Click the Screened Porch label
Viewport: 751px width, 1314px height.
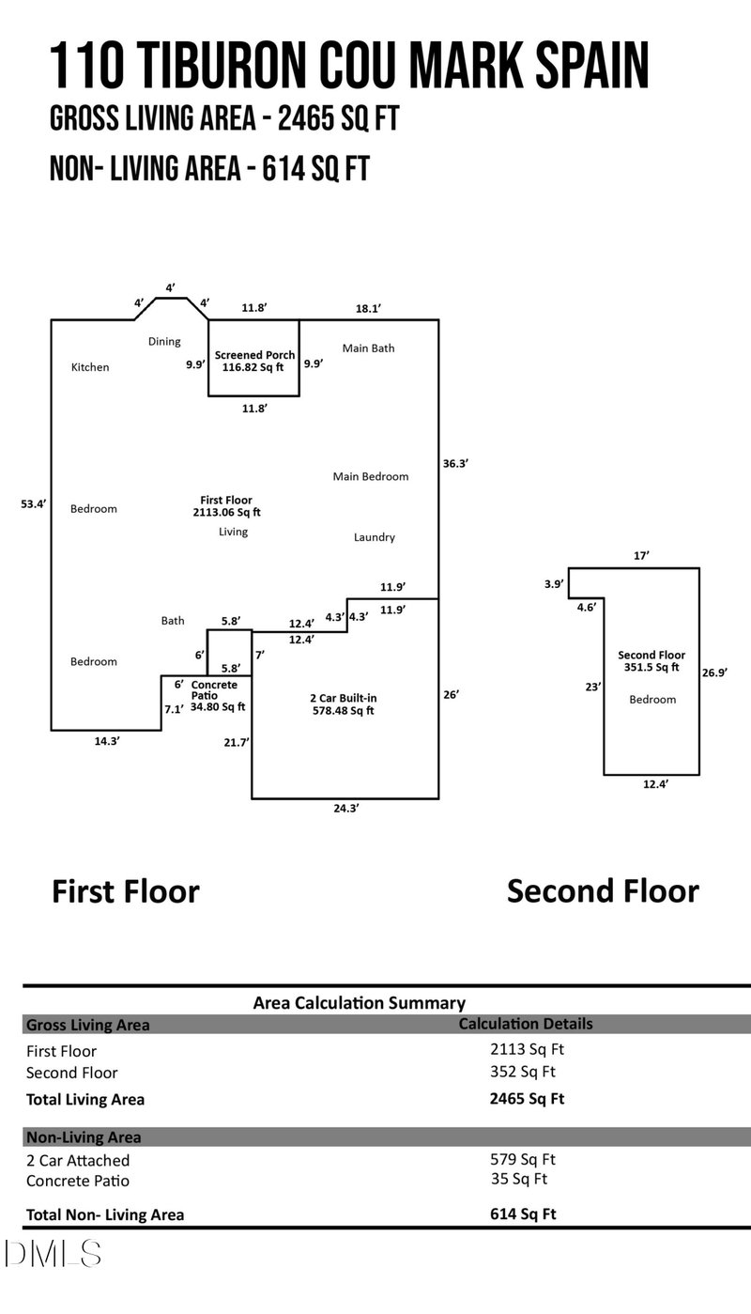coord(254,355)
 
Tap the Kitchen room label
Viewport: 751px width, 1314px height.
coord(90,367)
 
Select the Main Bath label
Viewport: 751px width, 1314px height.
coord(368,348)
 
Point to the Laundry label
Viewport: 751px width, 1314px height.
coord(374,537)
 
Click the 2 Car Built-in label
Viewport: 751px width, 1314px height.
coord(343,699)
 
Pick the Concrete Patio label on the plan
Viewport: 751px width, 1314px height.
coord(215,690)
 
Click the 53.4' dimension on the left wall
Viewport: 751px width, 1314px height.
coord(34,504)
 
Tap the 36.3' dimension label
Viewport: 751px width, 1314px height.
coord(455,463)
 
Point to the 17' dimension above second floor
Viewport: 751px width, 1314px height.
coord(641,556)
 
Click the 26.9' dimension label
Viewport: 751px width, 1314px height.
coord(715,672)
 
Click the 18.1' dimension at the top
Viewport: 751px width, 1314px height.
coord(368,308)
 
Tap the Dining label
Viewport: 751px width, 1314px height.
coord(164,342)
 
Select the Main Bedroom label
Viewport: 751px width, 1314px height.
coord(371,476)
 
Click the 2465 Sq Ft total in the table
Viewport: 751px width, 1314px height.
coord(527,1098)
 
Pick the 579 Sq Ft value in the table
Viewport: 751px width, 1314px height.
coord(522,1160)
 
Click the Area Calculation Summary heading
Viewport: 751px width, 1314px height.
coord(359,1003)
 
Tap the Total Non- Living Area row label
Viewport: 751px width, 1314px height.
coord(105,1214)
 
